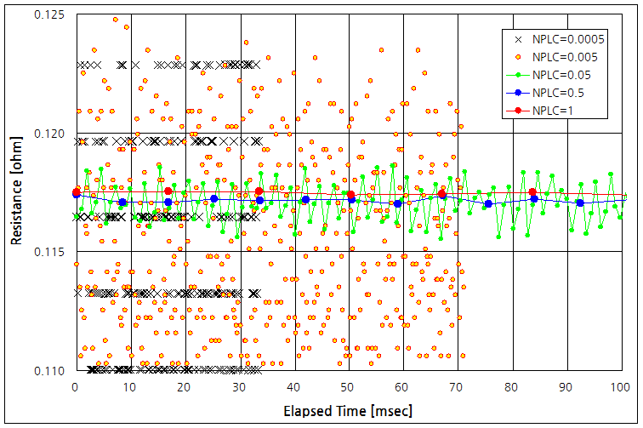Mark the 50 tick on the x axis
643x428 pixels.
pos(350,387)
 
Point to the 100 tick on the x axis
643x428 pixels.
pos(624,387)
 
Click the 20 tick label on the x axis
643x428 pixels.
pos(186,387)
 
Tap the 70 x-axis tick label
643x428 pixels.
pos(458,387)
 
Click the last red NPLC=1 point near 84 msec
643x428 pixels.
pos(532,192)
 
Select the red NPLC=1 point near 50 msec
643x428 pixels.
pos(350,195)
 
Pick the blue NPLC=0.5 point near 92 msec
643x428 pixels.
pos(580,203)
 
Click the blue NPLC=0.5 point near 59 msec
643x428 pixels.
pos(397,203)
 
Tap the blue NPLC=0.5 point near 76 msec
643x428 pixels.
pos(488,203)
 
